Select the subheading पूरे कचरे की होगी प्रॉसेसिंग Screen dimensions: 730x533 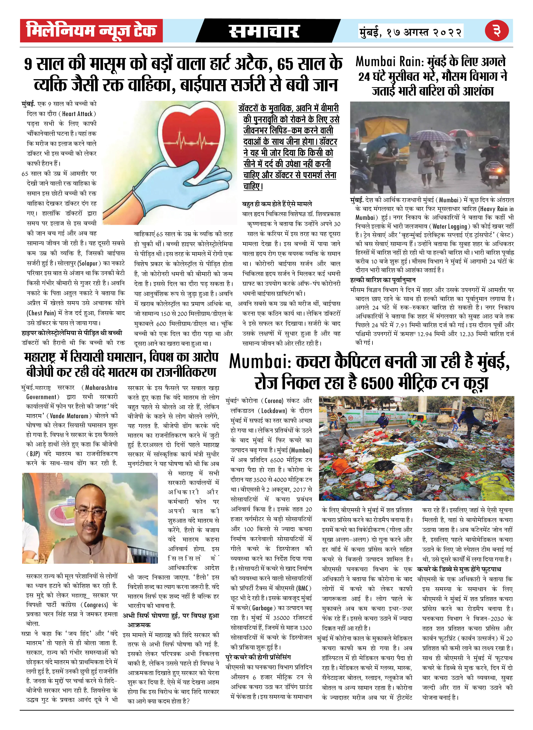click(258, 657)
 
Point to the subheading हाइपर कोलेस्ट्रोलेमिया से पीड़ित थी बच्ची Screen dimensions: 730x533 click(72, 333)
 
